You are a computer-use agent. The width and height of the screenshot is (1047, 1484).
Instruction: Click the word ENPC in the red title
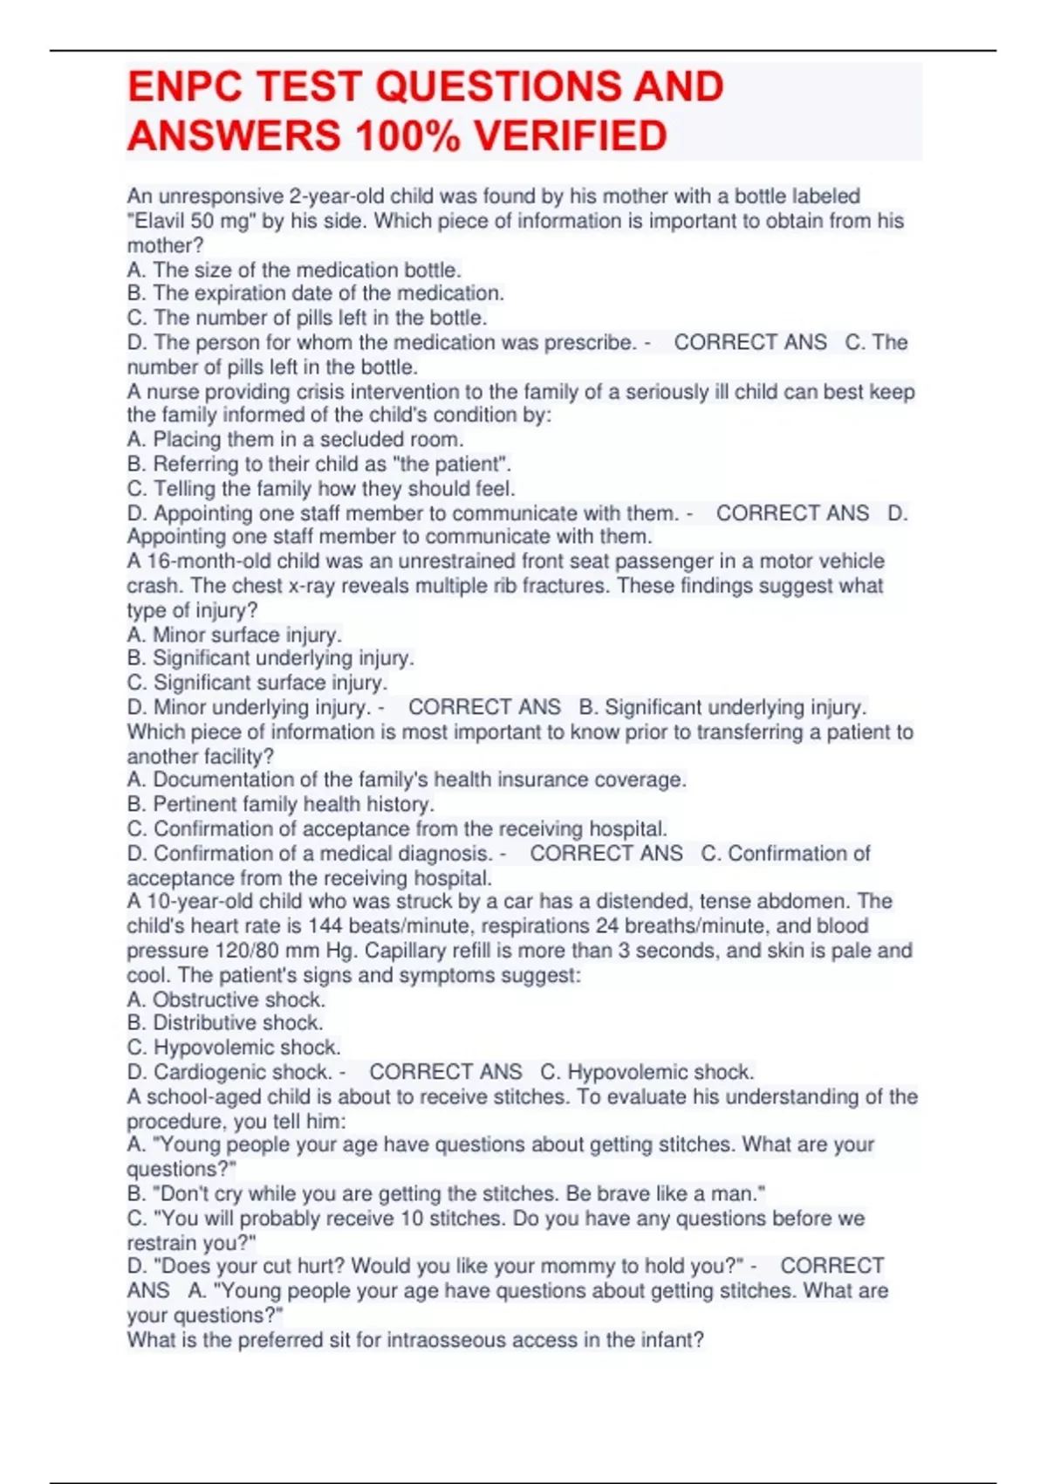[x=183, y=87]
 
